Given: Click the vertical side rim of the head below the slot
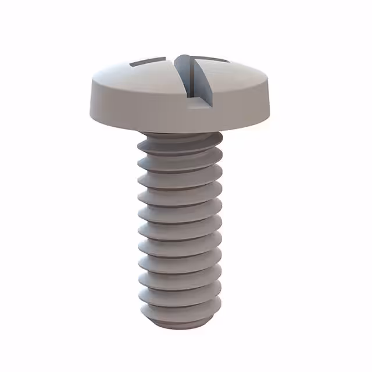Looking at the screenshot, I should [192, 116].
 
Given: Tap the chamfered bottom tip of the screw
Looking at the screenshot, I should [180, 317].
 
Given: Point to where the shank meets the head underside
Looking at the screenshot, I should [180, 133].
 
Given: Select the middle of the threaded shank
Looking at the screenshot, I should [180, 224].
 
